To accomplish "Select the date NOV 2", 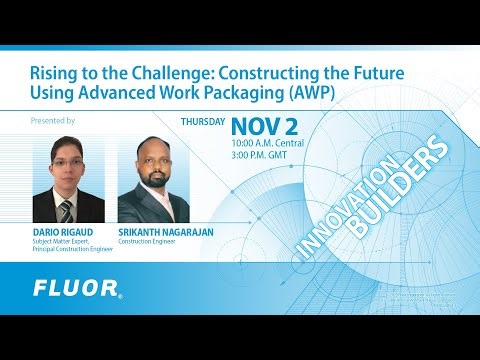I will (x=268, y=127).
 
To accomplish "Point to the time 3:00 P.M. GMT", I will (x=257, y=156).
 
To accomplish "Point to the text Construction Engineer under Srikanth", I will (x=148, y=241).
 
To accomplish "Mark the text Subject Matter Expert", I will (x=62, y=241).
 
